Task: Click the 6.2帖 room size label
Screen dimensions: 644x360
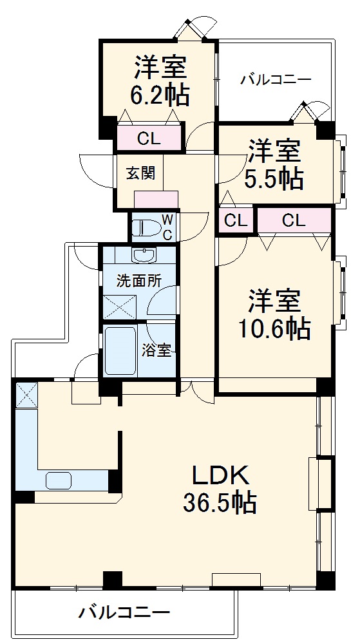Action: (160, 96)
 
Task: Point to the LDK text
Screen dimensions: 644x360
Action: (219, 476)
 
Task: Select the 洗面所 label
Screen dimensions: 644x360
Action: (138, 281)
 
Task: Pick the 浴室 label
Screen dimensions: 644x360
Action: (156, 350)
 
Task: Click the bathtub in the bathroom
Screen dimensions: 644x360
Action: (120, 351)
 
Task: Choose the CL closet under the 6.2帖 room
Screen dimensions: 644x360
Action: (149, 138)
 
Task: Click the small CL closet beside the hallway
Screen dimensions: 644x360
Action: (235, 221)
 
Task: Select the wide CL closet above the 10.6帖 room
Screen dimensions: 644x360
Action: (294, 221)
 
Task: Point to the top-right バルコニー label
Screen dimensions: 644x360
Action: (276, 80)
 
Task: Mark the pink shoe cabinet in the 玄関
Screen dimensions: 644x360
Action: (156, 199)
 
